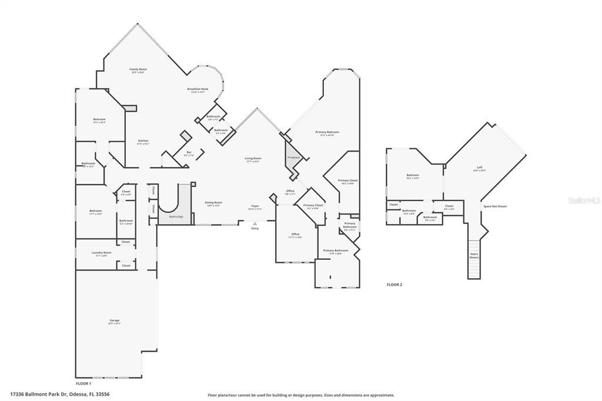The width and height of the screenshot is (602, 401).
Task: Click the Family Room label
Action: click(138, 69)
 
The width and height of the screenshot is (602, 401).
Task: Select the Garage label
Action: click(114, 320)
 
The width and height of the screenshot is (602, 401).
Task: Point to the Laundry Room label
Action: click(101, 253)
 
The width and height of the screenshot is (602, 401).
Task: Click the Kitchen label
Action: click(143, 141)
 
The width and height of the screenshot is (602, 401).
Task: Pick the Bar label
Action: click(189, 152)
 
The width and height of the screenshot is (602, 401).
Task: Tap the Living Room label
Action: click(253, 158)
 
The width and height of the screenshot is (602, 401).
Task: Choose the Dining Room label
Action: click(213, 202)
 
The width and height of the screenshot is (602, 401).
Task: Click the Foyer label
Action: click(255, 206)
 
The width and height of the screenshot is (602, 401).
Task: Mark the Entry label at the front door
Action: click(255, 228)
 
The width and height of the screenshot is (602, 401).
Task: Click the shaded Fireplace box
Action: click(293, 158)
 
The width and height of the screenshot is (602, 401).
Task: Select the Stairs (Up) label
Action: click(175, 217)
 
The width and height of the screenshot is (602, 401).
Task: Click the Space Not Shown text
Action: click(494, 206)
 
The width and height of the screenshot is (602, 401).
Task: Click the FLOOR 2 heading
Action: click(394, 285)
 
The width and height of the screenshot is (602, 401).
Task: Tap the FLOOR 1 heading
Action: click(83, 383)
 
